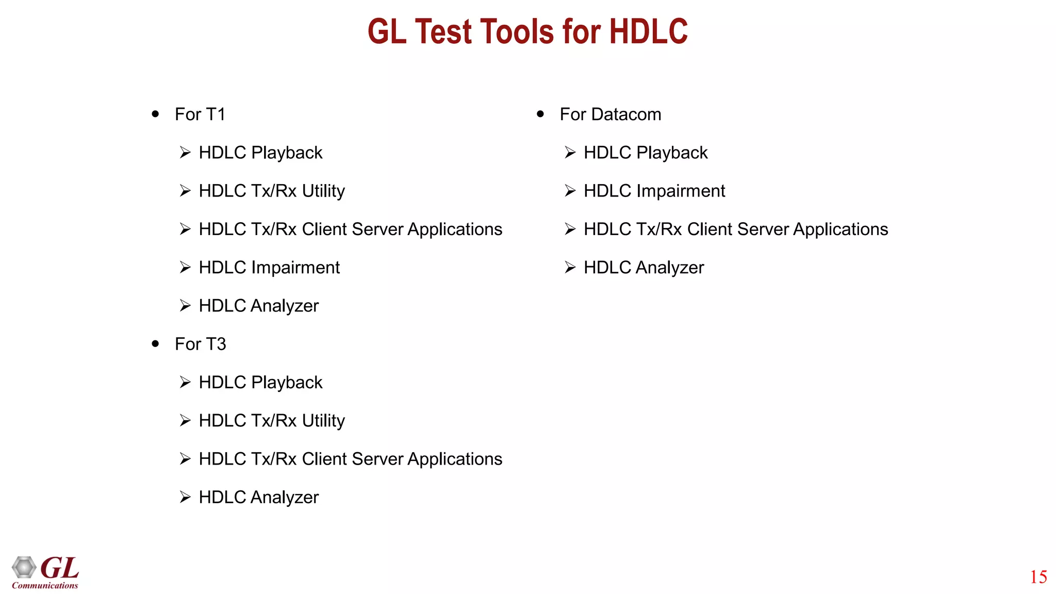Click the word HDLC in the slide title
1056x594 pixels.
648,31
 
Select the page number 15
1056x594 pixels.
1038,577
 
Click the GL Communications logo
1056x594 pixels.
45,572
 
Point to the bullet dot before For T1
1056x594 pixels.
155,114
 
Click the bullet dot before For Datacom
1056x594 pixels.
540,114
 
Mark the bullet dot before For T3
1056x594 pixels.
155,344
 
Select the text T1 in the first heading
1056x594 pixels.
216,114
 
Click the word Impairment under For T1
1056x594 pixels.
295,268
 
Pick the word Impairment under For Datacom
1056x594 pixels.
680,191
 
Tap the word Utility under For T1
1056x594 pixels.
323,191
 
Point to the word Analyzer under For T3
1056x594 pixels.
285,498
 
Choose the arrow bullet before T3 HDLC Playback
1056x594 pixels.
185,383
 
